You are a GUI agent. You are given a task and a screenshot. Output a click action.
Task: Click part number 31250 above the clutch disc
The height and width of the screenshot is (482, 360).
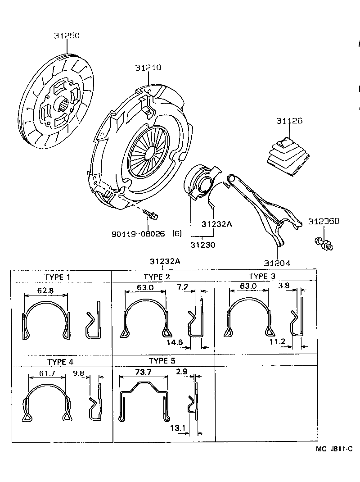click(x=67, y=36)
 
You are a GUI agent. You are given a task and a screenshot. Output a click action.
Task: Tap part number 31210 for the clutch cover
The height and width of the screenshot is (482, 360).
click(x=148, y=68)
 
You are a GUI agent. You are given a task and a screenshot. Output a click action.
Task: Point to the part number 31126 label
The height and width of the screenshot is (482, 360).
click(x=289, y=121)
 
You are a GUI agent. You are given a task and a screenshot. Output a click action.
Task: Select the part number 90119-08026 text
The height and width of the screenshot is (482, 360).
click(x=138, y=234)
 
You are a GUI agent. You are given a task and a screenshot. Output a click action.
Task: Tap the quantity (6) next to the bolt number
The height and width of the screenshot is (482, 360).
click(x=177, y=234)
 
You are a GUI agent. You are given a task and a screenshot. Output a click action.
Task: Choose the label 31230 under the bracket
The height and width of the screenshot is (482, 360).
click(x=203, y=245)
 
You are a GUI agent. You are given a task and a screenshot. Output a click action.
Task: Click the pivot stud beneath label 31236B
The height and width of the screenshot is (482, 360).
click(x=324, y=244)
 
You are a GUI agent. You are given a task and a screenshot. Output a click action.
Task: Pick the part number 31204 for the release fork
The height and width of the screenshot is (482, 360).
click(x=277, y=263)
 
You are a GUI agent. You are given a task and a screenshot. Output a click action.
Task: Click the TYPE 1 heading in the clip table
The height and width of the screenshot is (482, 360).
click(x=60, y=277)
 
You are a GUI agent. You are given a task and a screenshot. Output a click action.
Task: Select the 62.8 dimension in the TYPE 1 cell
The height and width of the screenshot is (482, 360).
click(x=45, y=291)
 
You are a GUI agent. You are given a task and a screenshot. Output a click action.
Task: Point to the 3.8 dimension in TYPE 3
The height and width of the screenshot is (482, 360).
click(x=284, y=286)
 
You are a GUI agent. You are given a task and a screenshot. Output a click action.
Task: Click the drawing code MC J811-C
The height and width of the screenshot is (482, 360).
click(x=334, y=449)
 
